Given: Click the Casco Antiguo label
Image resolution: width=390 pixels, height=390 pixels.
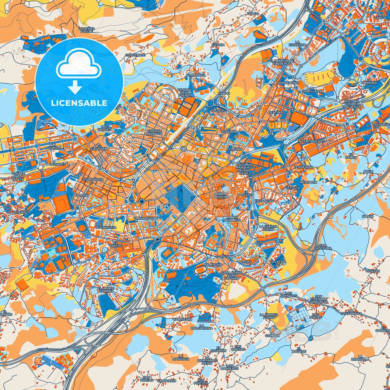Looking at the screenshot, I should click(x=221, y=195).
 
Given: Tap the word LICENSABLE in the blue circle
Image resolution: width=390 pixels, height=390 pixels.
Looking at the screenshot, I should click(x=79, y=103).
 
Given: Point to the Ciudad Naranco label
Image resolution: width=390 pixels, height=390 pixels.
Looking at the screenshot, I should click(x=154, y=132).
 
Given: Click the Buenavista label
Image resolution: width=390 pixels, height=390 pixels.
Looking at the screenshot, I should click(x=106, y=228).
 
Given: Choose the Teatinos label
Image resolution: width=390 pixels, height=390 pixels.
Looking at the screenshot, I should click(x=277, y=112).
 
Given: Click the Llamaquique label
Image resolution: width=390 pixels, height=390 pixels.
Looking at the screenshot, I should click(x=145, y=218).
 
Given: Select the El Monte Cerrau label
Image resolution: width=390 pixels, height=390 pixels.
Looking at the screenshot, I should click(x=106, y=290).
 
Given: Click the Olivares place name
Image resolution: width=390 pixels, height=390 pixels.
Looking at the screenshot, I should click(x=21, y=212).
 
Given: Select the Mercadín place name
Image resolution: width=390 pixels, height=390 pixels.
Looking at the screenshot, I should click(x=308, y=182).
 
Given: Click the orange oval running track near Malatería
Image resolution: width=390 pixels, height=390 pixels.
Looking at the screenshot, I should click(x=200, y=270).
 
